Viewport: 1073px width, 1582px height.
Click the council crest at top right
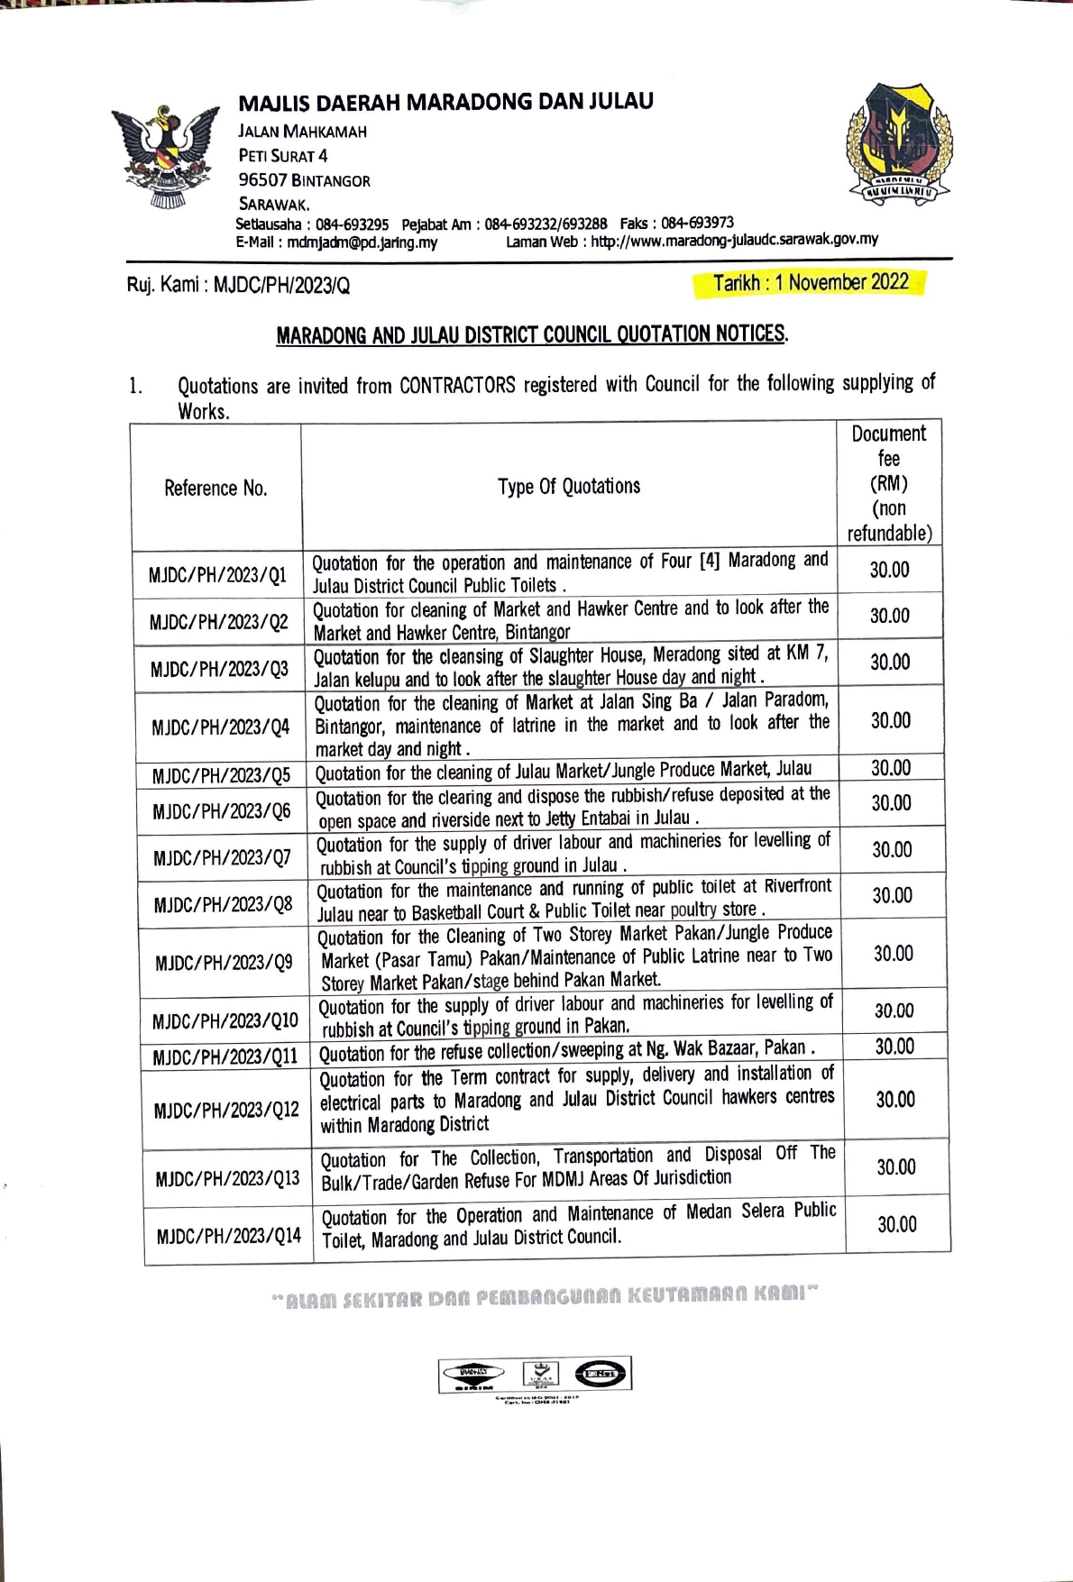[x=897, y=142]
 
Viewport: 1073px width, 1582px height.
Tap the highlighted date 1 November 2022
[x=810, y=283]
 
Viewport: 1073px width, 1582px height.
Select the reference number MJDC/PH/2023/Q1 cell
[x=217, y=574]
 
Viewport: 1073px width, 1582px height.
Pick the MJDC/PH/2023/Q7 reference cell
[x=222, y=856]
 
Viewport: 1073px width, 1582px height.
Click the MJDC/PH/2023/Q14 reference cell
[x=228, y=1235]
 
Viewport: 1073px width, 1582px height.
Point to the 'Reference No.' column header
[x=216, y=488]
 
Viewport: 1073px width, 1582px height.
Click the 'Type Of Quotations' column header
[x=569, y=486]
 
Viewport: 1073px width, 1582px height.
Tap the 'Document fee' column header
[x=889, y=482]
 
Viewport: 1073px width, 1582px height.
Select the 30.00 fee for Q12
[x=895, y=1099]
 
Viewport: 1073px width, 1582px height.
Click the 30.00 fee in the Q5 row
[x=891, y=768]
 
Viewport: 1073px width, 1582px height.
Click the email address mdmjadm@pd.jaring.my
[x=362, y=242]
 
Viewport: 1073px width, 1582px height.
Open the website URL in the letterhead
[x=734, y=240]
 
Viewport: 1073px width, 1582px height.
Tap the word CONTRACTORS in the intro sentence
[x=457, y=386]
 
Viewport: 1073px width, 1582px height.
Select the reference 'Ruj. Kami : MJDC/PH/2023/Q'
[x=238, y=286]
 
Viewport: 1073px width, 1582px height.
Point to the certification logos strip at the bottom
[x=535, y=1375]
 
